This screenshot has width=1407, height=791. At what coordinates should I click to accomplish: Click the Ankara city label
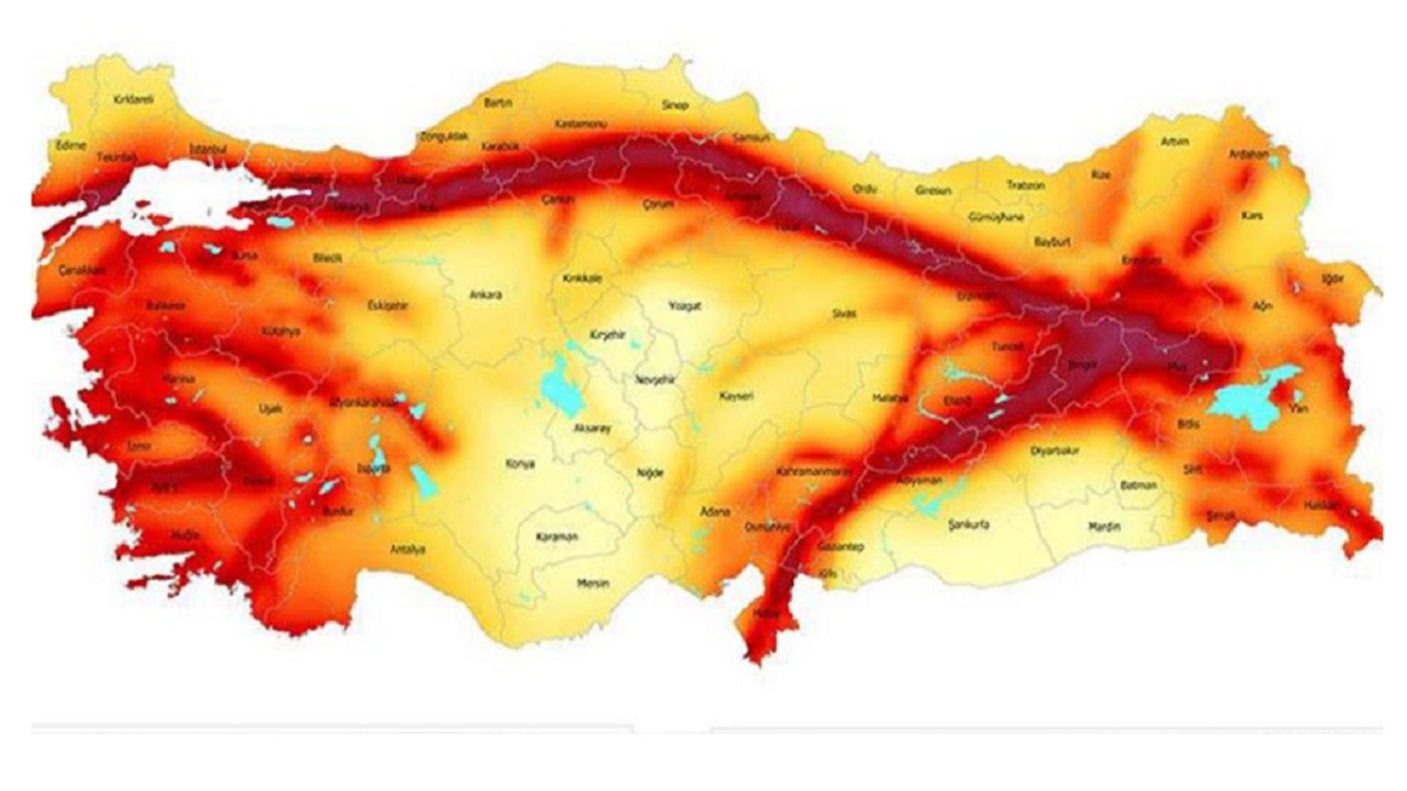click(x=485, y=295)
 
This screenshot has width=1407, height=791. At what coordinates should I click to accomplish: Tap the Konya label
click(x=520, y=464)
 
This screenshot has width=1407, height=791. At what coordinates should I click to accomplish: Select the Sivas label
click(x=844, y=313)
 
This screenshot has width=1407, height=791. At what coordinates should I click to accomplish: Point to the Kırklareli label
click(x=134, y=99)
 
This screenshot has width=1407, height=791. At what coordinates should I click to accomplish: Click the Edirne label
click(x=71, y=145)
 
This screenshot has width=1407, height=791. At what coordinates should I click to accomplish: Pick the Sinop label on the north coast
click(x=675, y=105)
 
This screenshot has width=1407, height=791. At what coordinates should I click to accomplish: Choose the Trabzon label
click(x=1025, y=185)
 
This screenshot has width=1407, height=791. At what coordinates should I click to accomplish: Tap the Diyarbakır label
click(x=1055, y=451)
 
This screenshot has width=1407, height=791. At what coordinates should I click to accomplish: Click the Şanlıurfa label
click(x=969, y=524)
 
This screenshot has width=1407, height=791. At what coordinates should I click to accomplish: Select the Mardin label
click(x=1104, y=526)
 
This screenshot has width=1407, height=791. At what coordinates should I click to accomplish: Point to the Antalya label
click(x=408, y=549)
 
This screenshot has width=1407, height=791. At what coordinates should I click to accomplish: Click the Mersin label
click(x=593, y=584)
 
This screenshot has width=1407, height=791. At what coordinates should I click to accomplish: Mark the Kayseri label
click(x=736, y=395)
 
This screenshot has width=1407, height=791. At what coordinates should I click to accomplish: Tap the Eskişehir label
click(x=387, y=305)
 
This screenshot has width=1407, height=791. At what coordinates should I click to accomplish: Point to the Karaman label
click(x=557, y=537)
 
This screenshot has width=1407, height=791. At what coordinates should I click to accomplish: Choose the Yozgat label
click(x=685, y=305)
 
